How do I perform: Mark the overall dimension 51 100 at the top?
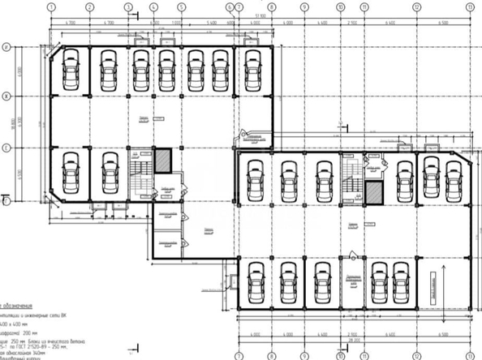(259, 15)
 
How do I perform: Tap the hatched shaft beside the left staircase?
(163, 160)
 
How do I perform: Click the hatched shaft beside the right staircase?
(373, 193)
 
